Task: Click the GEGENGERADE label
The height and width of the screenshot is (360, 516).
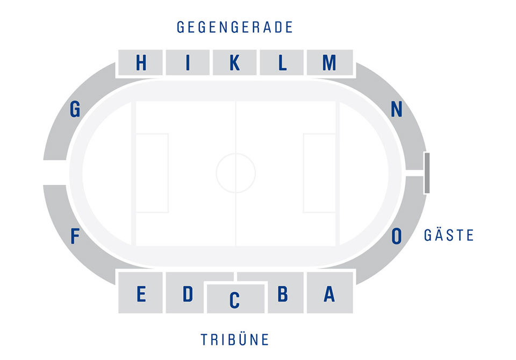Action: coord(235,27)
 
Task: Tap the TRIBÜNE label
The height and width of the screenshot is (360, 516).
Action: coord(235,339)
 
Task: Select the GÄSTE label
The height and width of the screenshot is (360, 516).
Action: coord(449,235)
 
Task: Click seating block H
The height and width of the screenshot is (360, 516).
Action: coord(140,62)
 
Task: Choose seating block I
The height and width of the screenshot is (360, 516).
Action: coord(188,62)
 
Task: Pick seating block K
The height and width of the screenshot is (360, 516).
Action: coord(235,62)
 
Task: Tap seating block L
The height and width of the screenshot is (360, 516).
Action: coord(282,62)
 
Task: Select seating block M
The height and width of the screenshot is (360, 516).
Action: coord(329,62)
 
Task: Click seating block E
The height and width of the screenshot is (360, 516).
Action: coord(140,292)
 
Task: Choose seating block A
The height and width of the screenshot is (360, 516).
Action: coord(329,292)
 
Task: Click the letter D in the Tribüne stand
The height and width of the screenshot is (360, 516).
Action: coord(188,293)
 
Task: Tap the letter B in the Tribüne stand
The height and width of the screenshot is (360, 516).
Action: coord(283,293)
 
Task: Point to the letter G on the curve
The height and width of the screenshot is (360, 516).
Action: coord(75,109)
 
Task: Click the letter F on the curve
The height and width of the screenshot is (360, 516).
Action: coord(75,236)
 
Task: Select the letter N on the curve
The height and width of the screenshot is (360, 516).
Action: coord(397,109)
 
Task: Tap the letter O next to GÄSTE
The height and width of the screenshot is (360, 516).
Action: coord(397,236)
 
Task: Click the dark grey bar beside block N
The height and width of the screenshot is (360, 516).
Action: coord(427,173)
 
